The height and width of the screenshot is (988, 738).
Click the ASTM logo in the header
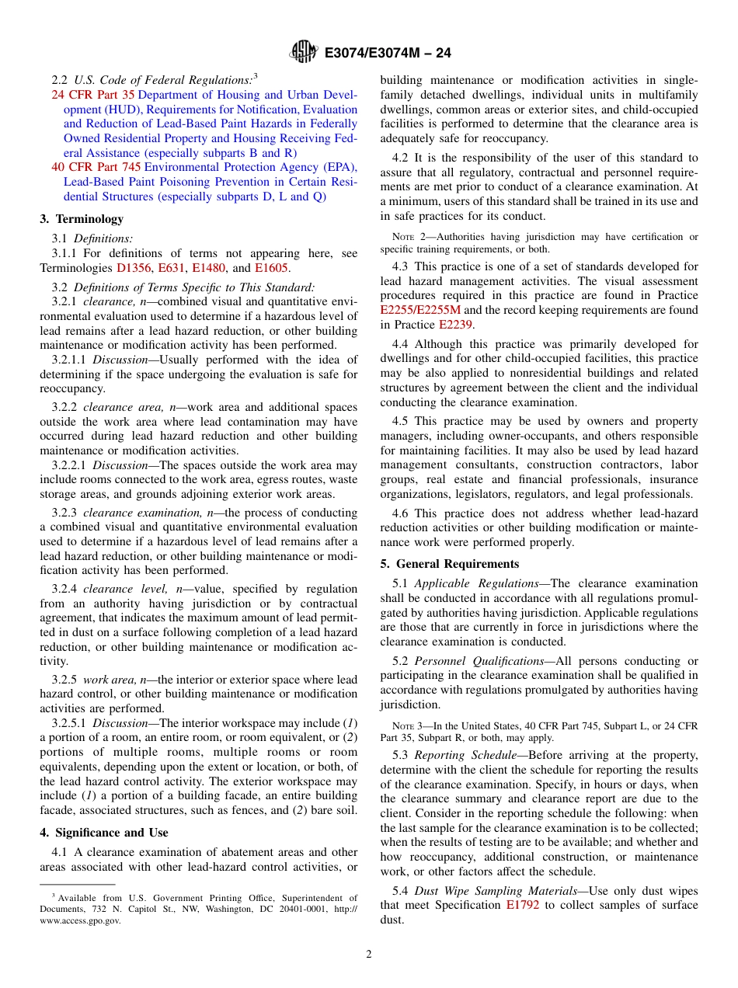point(304,52)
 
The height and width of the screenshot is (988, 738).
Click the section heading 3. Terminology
point(82,219)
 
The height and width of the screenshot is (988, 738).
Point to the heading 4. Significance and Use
point(104,833)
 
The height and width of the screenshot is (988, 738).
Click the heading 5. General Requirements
point(450,564)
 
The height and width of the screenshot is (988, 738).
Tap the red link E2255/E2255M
point(420,310)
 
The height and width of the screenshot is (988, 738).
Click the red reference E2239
point(455,325)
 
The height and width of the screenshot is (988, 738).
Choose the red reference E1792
point(522,906)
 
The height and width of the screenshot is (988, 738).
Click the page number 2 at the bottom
point(369,955)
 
